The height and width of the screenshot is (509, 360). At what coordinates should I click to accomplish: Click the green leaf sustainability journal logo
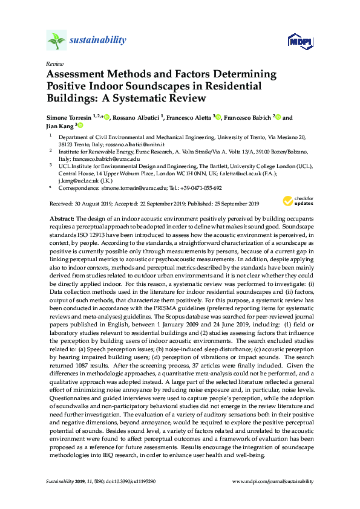[56, 41]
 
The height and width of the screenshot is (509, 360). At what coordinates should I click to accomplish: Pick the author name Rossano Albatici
[140, 118]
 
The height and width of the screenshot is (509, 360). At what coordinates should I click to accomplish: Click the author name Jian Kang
[59, 126]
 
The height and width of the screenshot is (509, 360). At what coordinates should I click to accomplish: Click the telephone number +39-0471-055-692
[202, 187]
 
